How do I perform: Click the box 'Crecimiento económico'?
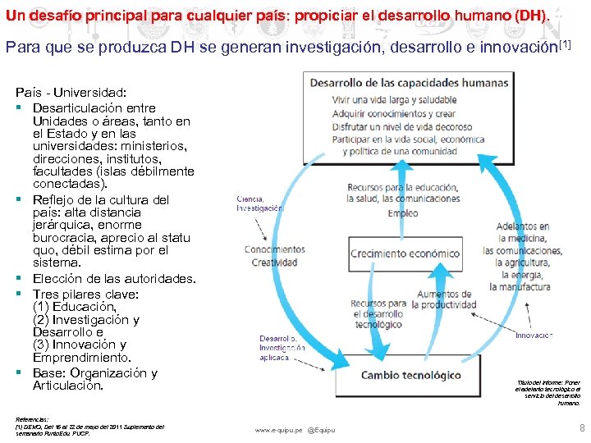405,253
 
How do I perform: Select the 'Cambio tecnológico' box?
411,375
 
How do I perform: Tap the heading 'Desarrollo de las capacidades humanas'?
409,82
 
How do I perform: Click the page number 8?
582,427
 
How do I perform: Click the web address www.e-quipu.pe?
278,429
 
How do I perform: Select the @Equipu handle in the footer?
323,429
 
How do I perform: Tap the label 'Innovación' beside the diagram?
534,335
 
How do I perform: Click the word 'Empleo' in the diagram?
402,213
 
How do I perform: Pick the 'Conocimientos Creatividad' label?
274,256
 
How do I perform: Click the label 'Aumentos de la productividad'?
443,299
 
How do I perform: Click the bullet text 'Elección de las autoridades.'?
114,279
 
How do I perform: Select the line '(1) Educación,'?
75,307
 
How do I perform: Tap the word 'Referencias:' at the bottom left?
32,418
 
